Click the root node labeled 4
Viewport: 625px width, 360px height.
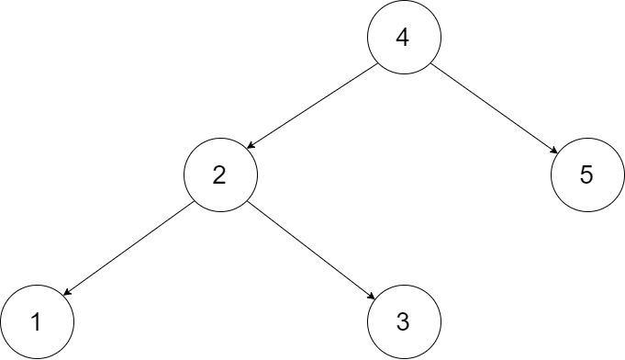(404, 37)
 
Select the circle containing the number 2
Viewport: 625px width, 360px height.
(220, 174)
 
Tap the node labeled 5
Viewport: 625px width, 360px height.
(587, 174)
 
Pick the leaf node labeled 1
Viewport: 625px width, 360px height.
(37, 321)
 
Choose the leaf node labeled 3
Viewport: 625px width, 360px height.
(404, 321)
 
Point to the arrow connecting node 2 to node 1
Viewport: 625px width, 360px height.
(127, 249)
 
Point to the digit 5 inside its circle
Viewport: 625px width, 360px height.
(587, 175)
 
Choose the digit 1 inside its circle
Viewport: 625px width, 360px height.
(35, 322)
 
